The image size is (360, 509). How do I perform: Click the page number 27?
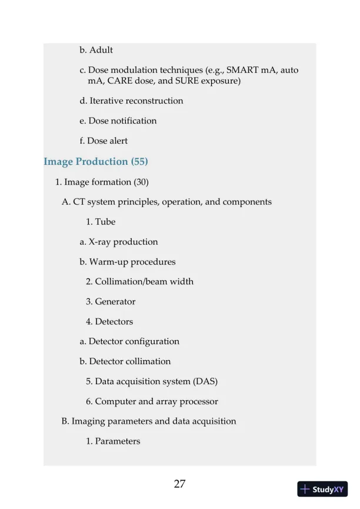click(x=180, y=484)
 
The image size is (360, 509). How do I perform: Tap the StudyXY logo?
click(x=322, y=489)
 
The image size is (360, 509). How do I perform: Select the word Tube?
click(x=105, y=222)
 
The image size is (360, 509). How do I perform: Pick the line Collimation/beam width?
click(x=139, y=281)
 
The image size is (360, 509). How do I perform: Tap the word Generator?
click(x=115, y=301)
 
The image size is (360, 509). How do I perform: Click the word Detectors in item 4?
click(x=114, y=321)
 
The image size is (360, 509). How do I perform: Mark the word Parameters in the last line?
click(x=118, y=441)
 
